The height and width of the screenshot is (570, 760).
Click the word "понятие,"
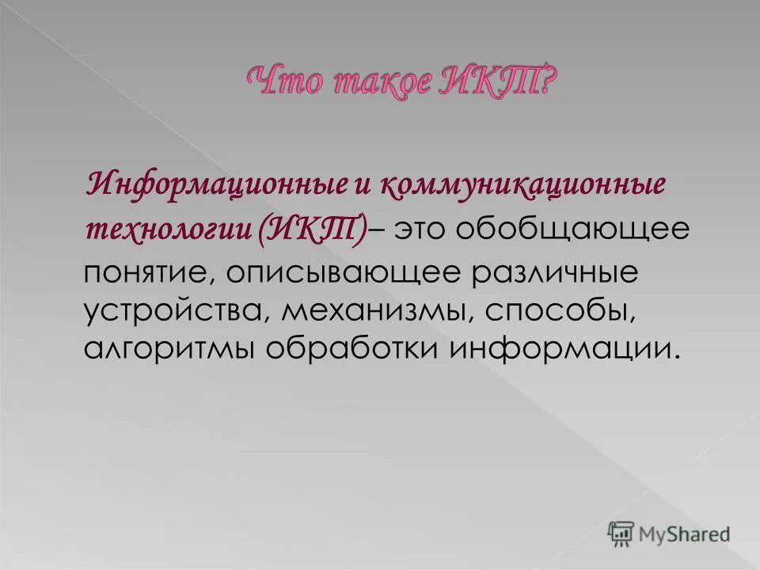147,273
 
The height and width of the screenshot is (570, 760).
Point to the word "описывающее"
341,273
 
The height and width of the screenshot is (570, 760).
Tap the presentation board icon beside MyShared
621,533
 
